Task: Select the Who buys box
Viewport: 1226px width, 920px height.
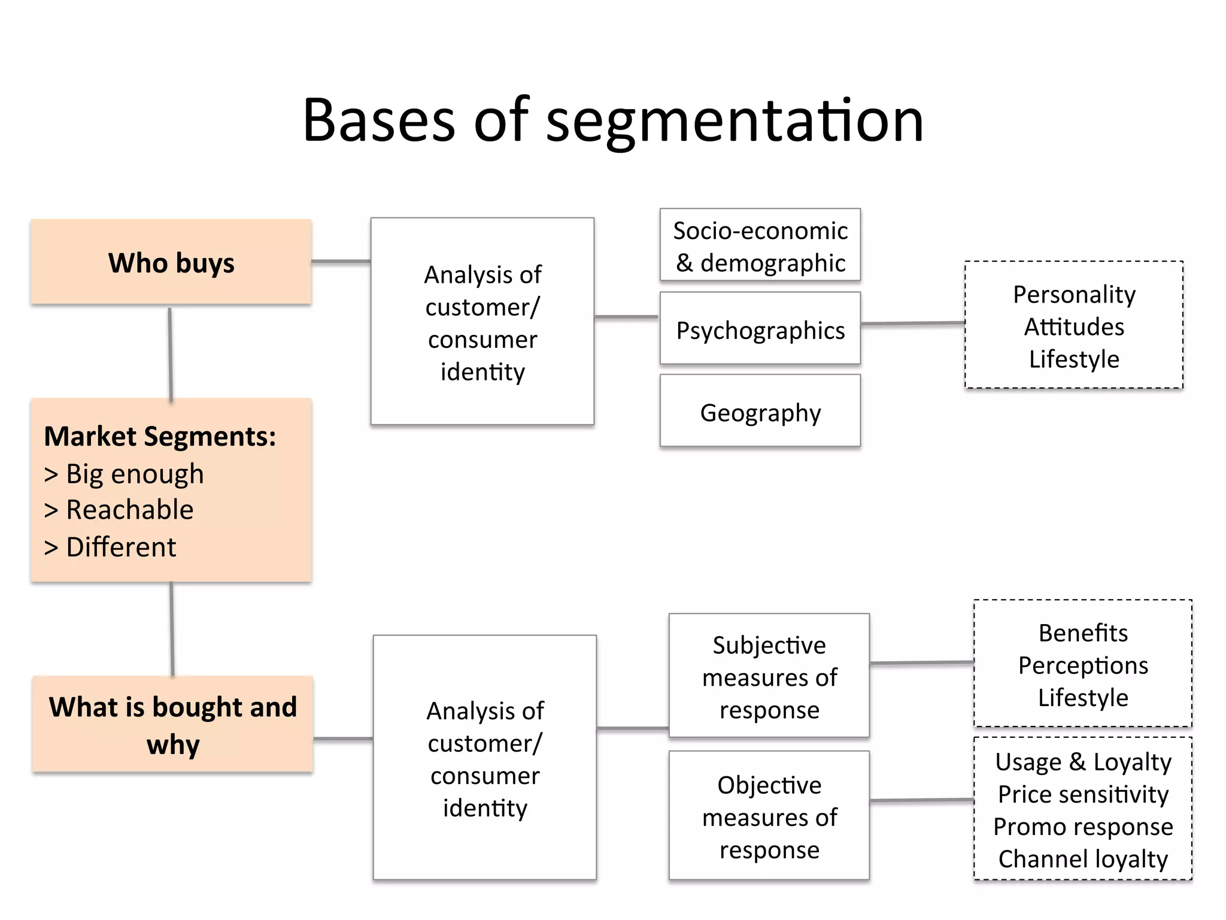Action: pos(171,262)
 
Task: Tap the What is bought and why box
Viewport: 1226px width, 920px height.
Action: pos(172,725)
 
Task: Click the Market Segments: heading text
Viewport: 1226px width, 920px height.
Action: pos(160,436)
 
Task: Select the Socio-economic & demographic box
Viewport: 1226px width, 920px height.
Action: pos(760,246)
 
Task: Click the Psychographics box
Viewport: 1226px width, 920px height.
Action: pos(760,329)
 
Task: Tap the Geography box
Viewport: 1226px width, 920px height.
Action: pos(760,412)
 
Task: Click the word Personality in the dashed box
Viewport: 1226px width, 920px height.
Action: pos(1074,294)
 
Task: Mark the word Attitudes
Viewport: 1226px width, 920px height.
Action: pos(1074,326)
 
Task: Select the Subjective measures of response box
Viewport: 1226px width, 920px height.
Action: pos(769,677)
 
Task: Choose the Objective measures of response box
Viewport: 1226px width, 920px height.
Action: pos(769,816)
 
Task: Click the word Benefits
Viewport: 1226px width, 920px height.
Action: pos(1083,632)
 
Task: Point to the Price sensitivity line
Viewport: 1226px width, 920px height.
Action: pos(1083,794)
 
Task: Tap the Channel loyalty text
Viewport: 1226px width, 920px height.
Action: pos(1083,859)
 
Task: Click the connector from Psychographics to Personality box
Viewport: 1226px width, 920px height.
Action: pos(912,323)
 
